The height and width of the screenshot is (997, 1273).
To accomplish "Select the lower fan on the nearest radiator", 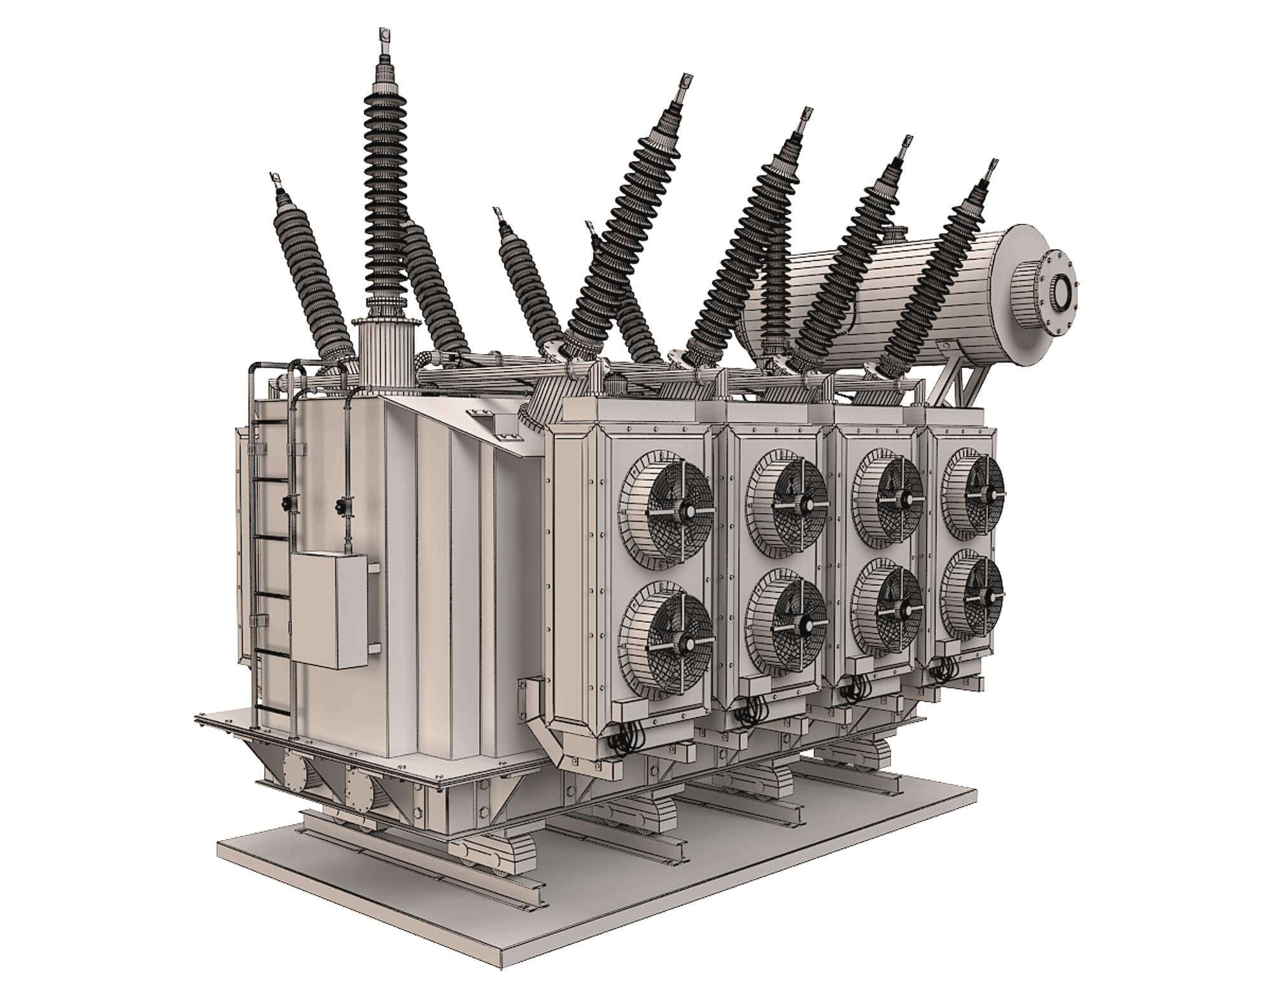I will [x=666, y=643].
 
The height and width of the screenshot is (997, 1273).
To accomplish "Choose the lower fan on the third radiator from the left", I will [x=887, y=608].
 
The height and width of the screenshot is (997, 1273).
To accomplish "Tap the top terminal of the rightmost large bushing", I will [x=991, y=170].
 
